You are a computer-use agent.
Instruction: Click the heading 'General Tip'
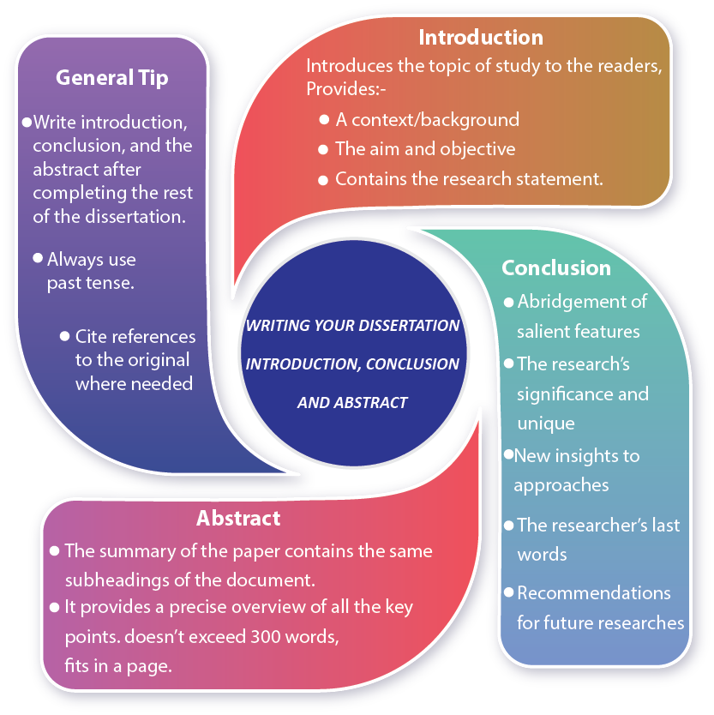pos(112,77)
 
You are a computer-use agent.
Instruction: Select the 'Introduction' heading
pos(480,38)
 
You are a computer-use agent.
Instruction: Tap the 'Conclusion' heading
pos(556,267)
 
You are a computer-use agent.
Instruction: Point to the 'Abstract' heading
pos(238,518)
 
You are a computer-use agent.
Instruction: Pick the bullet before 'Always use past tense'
pos(38,257)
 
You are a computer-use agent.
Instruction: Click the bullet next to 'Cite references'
pos(65,335)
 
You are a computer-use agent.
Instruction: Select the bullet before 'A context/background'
pos(323,119)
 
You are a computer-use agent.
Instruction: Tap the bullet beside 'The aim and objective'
pos(323,148)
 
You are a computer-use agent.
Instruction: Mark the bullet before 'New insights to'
pos(509,454)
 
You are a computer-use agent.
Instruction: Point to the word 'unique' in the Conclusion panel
pos(546,424)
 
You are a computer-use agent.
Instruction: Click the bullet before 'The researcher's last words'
pos(509,523)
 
